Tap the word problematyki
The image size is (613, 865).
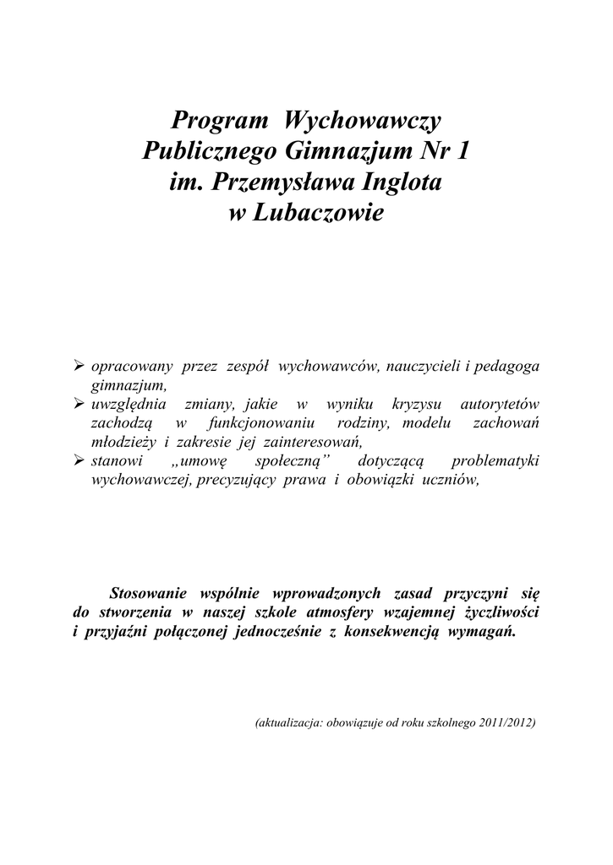[495, 462]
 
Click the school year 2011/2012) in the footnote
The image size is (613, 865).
[506, 724]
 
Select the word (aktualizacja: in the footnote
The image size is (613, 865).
[286, 724]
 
